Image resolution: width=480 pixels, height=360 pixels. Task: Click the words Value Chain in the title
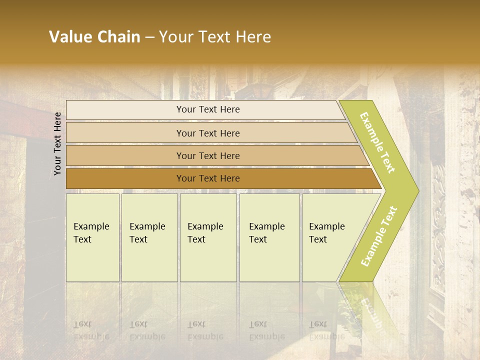94,37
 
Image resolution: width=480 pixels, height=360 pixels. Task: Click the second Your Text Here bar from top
207,133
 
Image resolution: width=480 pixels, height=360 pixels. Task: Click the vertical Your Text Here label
57,143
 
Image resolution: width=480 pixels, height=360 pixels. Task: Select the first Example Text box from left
92,237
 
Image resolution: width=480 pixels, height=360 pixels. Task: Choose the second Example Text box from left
149,237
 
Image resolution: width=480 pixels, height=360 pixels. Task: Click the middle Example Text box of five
208,237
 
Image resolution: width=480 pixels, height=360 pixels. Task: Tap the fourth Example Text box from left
269,237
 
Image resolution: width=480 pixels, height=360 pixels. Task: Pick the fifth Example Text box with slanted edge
330,237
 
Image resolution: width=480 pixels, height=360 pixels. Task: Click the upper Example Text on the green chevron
377,143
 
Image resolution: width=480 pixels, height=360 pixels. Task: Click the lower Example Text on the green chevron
379,236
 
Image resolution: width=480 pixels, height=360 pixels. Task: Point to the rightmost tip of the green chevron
417,190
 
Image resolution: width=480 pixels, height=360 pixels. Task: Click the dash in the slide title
149,37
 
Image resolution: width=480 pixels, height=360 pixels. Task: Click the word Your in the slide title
173,37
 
